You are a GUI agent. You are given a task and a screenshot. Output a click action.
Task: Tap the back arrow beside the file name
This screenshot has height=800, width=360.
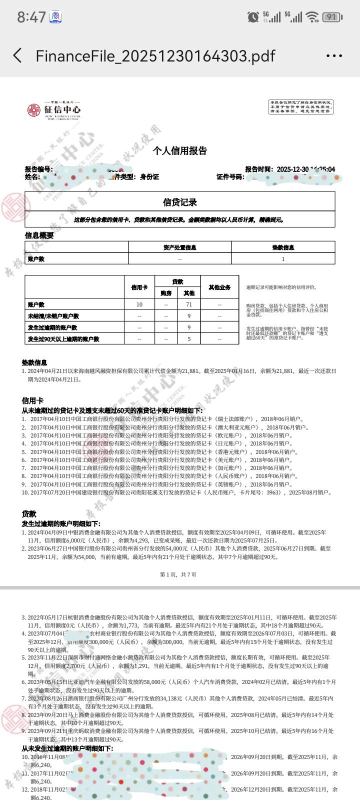(18, 55)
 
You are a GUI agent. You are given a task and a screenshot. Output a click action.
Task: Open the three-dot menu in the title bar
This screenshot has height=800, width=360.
(334, 56)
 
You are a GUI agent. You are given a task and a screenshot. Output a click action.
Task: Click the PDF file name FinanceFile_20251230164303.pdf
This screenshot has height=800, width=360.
(155, 55)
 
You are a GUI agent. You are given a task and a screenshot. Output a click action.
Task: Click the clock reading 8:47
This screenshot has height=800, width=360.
(31, 17)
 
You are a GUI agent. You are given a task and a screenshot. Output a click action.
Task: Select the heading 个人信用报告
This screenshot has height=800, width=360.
(179, 150)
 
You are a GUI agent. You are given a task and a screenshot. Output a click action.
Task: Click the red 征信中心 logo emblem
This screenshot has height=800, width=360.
(34, 110)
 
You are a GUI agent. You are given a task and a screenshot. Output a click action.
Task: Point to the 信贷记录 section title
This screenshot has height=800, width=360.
(180, 202)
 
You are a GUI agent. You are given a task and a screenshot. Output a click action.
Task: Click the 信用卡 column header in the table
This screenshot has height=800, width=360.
(139, 287)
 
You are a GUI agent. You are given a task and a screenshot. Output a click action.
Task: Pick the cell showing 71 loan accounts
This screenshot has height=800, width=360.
(189, 304)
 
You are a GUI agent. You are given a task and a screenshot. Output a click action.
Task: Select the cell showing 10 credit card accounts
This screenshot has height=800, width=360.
(139, 304)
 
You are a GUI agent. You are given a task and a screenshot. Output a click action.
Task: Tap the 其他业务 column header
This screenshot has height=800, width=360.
(219, 287)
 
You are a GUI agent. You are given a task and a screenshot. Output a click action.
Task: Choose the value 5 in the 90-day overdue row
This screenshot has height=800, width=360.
(189, 339)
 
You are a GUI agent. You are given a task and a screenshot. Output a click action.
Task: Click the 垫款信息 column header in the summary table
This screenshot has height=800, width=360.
(283, 247)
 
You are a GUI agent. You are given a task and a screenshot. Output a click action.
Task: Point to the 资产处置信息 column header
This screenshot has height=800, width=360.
(180, 247)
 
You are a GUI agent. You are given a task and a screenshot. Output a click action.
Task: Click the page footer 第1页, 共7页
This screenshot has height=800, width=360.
(178, 574)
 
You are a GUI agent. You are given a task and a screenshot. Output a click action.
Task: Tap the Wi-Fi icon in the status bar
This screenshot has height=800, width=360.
(312, 17)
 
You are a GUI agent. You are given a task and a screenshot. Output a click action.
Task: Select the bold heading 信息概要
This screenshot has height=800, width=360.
(39, 235)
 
